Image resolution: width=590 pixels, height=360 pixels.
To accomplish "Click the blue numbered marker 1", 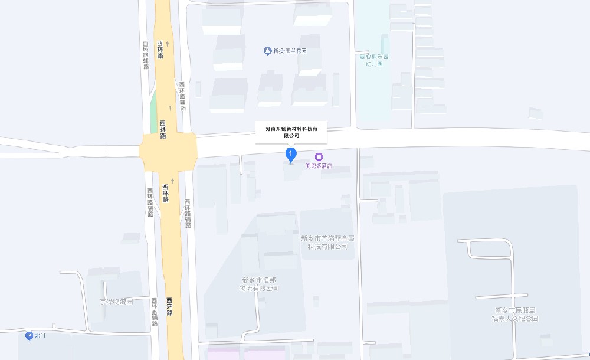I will pyautogui.click(x=290, y=155).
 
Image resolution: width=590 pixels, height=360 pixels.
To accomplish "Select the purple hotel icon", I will pyautogui.click(x=319, y=157).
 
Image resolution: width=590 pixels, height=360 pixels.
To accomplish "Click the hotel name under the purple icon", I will pyautogui.click(x=319, y=166).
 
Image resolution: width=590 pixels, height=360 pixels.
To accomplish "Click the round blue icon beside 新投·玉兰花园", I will pyautogui.click(x=267, y=51).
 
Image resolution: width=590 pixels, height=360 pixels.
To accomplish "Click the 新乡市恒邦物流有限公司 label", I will pyautogui.click(x=259, y=284).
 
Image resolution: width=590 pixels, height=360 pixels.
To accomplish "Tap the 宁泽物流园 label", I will pyautogui.click(x=116, y=301).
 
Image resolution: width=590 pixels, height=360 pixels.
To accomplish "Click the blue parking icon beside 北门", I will pyautogui.click(x=29, y=336).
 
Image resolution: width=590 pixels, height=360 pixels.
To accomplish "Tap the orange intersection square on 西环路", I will pyautogui.click(x=168, y=152).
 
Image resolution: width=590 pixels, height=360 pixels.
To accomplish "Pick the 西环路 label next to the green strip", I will pyautogui.click(x=163, y=129).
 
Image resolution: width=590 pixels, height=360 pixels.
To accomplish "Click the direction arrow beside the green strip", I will pyautogui.click(x=170, y=107).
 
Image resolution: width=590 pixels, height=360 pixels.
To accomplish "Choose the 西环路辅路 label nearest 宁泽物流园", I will pyautogui.click(x=154, y=312).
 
